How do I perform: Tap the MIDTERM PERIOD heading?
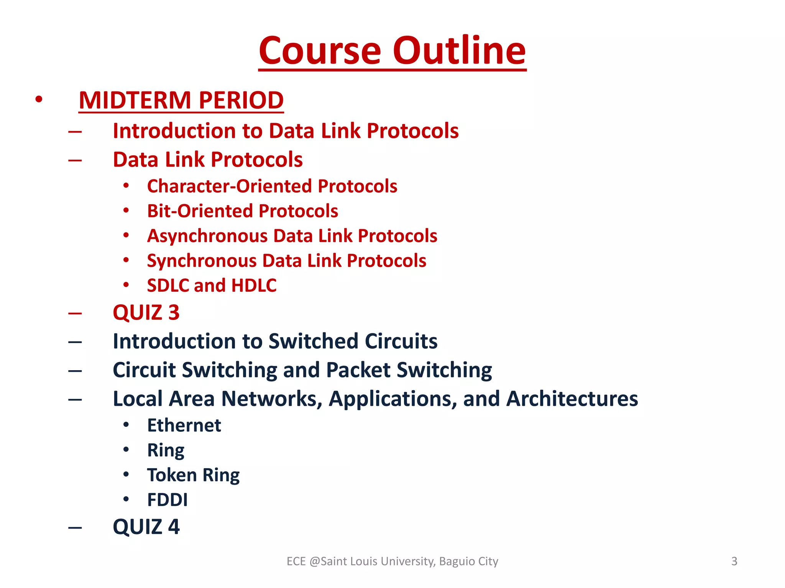pos(181,100)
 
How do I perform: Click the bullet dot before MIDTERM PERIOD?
pos(39,100)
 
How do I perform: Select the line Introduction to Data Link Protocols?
pos(286,131)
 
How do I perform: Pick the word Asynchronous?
pos(207,236)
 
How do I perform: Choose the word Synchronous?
pos(202,261)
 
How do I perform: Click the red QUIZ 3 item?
pos(146,312)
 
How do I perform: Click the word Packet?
pos(358,370)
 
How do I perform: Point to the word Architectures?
pos(572,399)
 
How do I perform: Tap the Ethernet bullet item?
pos(184,425)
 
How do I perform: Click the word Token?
pos(172,475)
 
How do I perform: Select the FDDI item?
pos(168,500)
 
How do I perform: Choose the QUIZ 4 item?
pos(146,527)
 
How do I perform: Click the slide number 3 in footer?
pos(734,561)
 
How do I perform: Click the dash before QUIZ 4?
pos(75,528)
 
